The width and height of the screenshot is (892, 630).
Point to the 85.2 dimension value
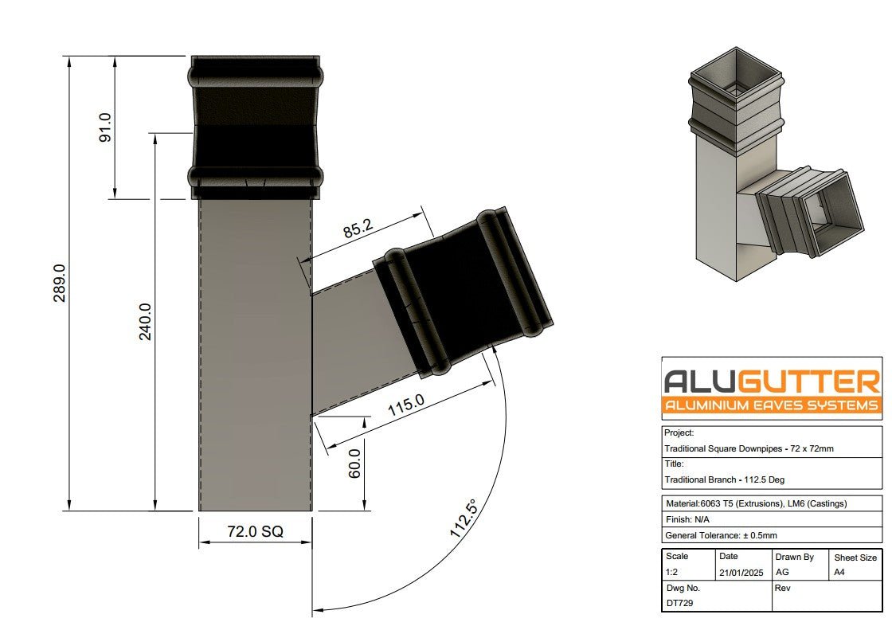[x=358, y=229]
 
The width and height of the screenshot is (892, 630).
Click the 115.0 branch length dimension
[x=406, y=406]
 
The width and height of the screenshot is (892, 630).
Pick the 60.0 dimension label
[x=355, y=463]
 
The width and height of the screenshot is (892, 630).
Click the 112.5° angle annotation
[x=464, y=519]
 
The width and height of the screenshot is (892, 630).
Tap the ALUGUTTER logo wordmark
[x=772, y=382]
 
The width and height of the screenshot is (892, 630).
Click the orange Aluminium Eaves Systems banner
[x=772, y=405]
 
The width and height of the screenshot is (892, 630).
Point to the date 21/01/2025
[x=740, y=572]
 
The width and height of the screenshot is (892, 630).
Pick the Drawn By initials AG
[x=782, y=572]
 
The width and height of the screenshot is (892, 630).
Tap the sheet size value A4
[x=839, y=572]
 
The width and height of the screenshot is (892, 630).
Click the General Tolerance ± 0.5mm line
[x=721, y=535]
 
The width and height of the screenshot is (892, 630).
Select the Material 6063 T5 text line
[x=755, y=503]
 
